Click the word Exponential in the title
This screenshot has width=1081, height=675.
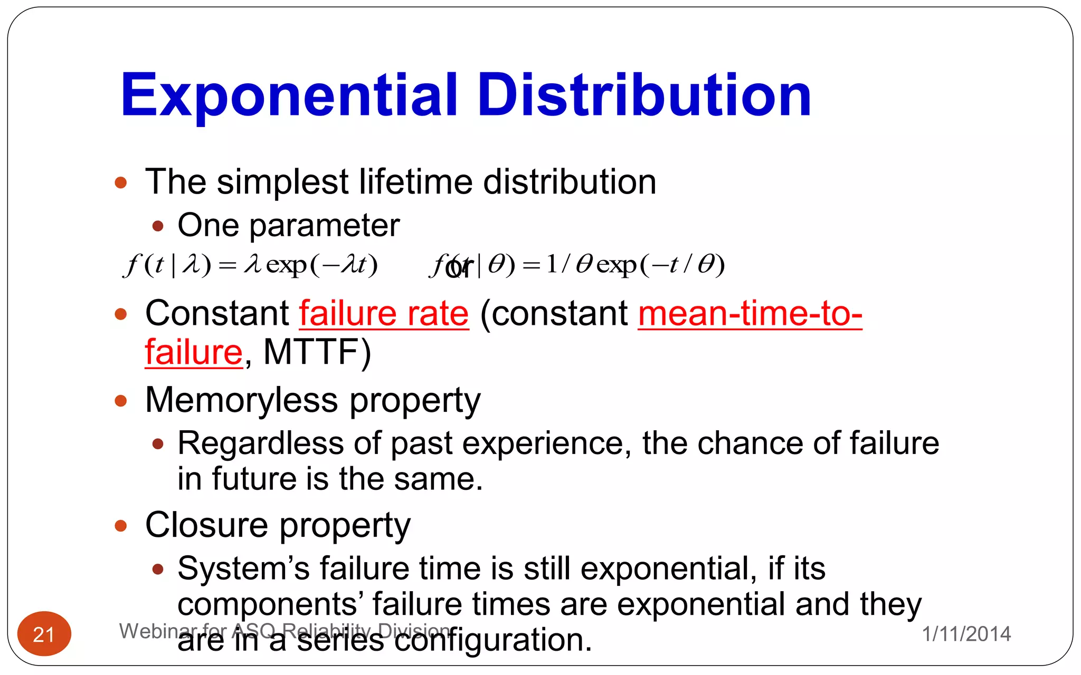[288, 96]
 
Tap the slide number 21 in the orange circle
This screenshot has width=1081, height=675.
[44, 634]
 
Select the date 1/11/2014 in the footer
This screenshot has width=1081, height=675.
[966, 634]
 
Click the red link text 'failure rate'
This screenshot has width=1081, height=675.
[384, 314]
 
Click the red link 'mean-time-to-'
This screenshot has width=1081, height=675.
[750, 314]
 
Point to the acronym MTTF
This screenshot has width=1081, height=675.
[317, 352]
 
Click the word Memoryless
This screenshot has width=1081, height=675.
[241, 400]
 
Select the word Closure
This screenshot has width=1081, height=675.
[206, 525]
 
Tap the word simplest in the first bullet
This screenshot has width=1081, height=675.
[282, 182]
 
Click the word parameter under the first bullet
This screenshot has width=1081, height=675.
[324, 226]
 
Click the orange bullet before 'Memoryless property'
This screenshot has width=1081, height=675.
[121, 401]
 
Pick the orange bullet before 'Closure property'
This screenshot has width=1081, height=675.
[121, 526]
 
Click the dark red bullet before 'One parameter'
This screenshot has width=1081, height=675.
[157, 227]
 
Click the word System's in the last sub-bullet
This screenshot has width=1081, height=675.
[243, 569]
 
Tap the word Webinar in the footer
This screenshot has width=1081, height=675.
[150, 631]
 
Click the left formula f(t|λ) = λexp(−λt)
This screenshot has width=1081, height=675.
[251, 265]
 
